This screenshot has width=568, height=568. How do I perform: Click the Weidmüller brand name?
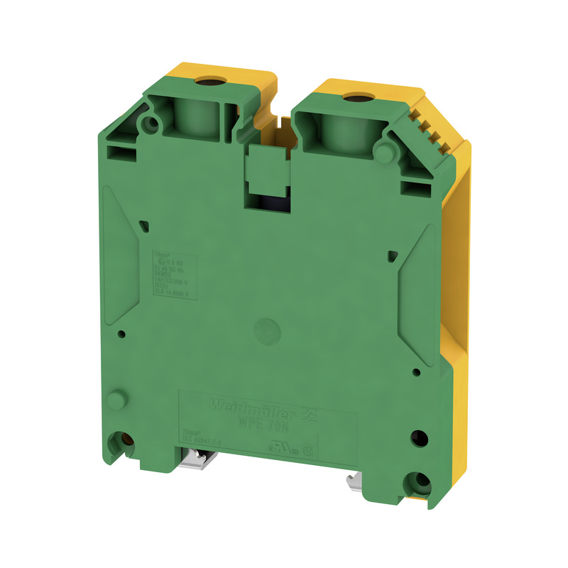(242, 406)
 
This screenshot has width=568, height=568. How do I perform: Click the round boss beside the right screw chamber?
(387, 151)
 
